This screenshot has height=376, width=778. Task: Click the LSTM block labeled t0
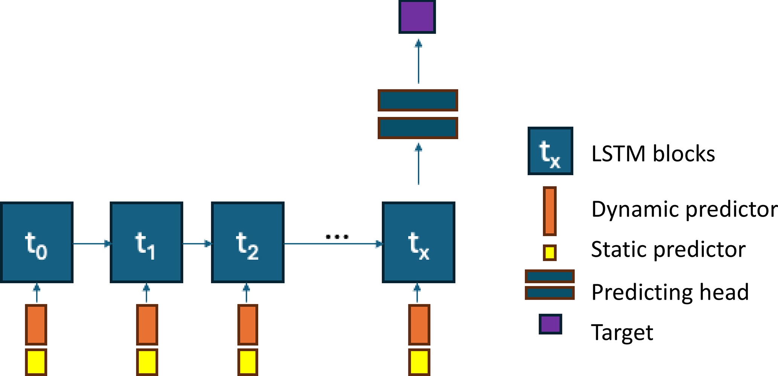[x=37, y=243]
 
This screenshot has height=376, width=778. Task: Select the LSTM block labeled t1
[x=146, y=243]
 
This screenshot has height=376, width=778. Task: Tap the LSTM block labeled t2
[x=248, y=243]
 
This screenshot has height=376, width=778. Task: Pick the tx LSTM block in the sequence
[x=419, y=243]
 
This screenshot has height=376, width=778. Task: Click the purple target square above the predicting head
[x=417, y=17]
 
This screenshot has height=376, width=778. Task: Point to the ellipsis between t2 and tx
[x=337, y=237]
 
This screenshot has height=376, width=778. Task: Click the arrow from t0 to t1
[x=91, y=244]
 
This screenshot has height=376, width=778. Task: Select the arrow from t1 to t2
[x=197, y=244]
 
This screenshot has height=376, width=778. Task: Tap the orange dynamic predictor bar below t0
[x=36, y=325]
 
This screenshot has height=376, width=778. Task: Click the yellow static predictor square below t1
[x=147, y=362]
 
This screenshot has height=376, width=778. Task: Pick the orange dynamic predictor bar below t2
[x=248, y=325]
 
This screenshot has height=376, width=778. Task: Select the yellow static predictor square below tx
[x=419, y=362]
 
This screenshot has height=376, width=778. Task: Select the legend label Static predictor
[x=668, y=249]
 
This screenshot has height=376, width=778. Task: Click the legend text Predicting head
[x=670, y=292]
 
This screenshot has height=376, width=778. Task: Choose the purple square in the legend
[x=550, y=324]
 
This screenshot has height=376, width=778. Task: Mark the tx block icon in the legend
[x=550, y=151]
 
